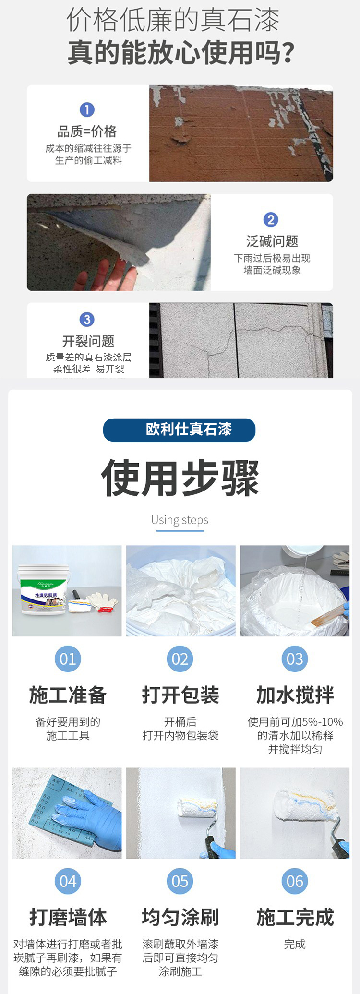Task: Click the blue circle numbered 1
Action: point(87,110)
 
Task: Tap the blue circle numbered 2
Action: point(271,220)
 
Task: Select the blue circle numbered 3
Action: point(87,320)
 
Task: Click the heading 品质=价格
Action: point(87,132)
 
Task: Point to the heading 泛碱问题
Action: point(272,241)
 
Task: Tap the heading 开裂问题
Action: point(88,341)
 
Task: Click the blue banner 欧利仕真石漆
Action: point(179,430)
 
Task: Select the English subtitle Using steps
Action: point(180,520)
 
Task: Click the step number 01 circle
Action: point(68,659)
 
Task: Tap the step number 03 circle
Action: point(295,659)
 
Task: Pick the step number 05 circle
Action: point(180,881)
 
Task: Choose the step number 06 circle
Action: point(295,881)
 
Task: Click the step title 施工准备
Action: point(68,695)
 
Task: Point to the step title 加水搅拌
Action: point(295,695)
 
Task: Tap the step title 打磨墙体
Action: point(68,917)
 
